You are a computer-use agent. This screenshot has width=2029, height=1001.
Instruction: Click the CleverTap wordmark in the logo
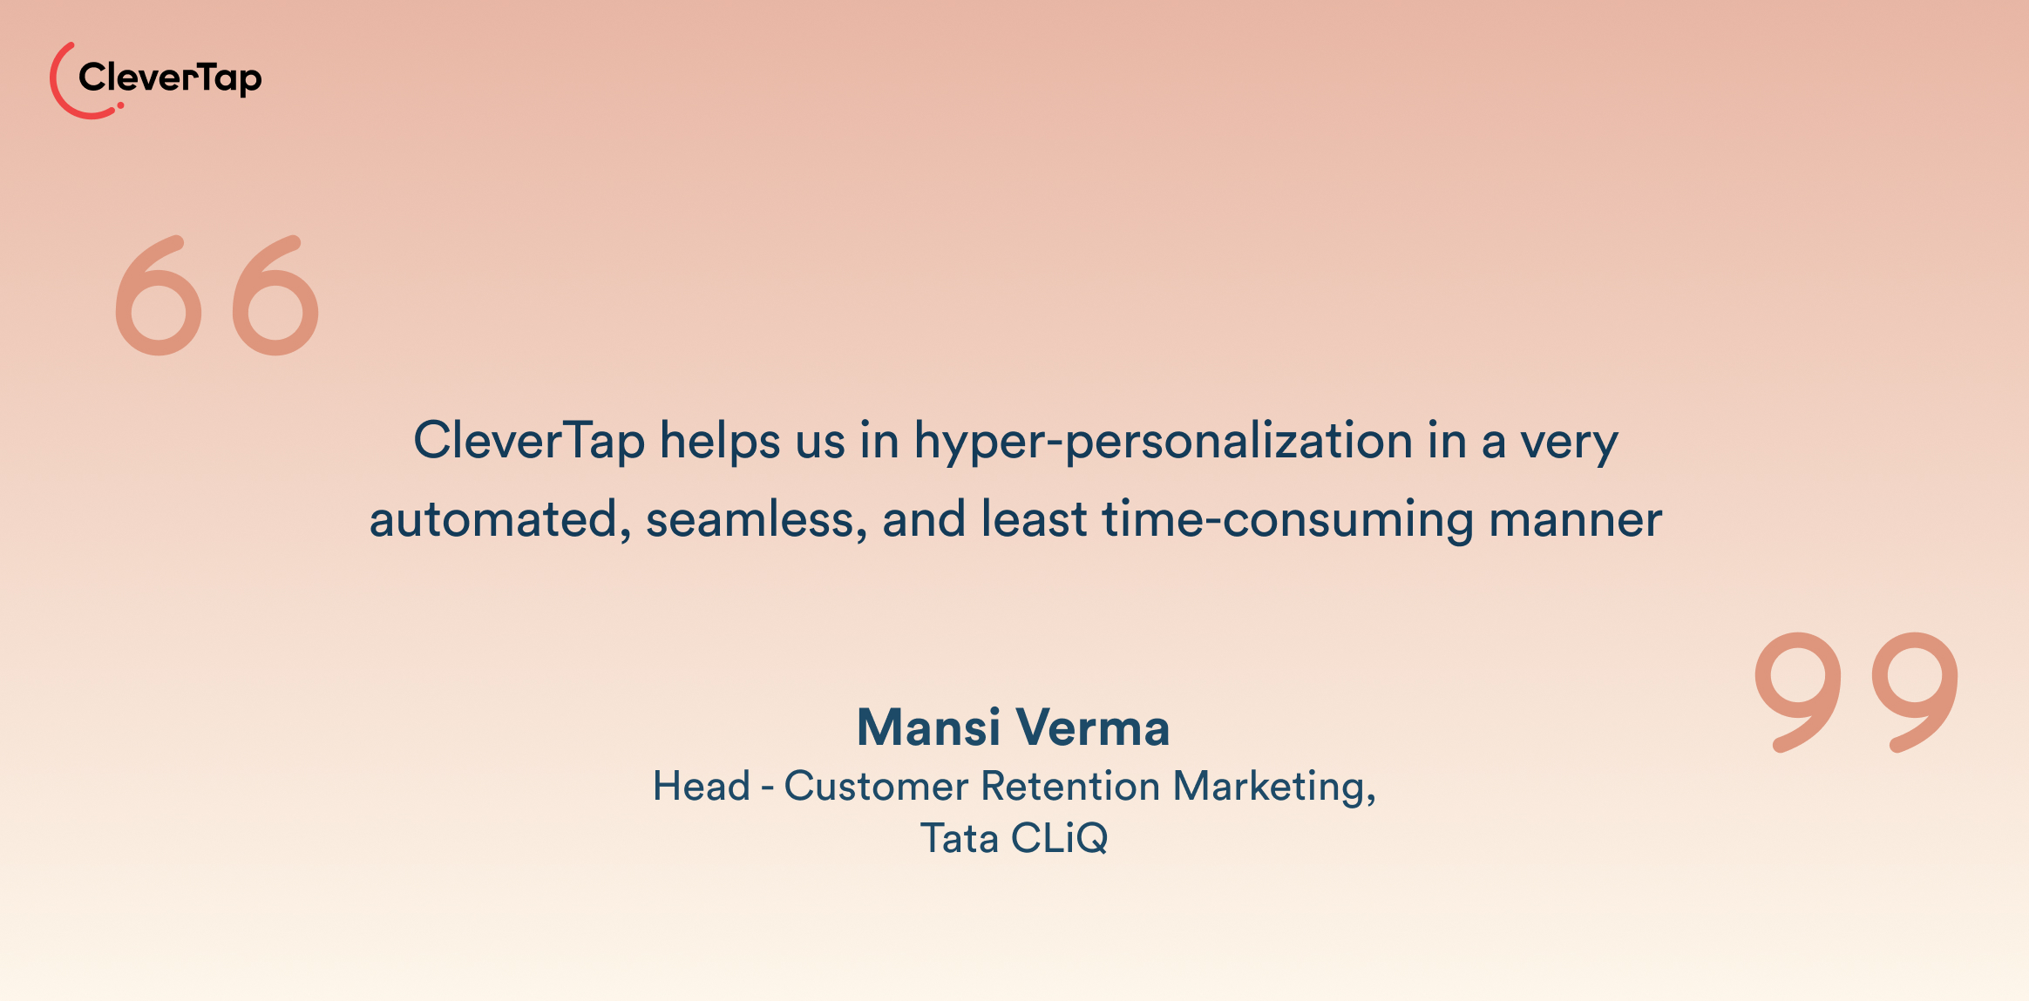[170, 78]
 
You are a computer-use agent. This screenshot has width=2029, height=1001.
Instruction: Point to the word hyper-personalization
[1163, 442]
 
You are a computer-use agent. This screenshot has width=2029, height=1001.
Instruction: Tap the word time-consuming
[1287, 520]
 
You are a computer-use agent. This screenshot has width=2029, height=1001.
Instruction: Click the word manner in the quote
[1575, 520]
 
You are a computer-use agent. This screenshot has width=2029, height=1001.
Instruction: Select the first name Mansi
[928, 727]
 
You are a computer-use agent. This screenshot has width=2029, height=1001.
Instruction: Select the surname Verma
[1093, 727]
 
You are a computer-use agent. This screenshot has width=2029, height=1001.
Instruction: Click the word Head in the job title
[702, 786]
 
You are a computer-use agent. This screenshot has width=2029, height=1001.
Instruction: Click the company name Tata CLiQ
[1014, 838]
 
